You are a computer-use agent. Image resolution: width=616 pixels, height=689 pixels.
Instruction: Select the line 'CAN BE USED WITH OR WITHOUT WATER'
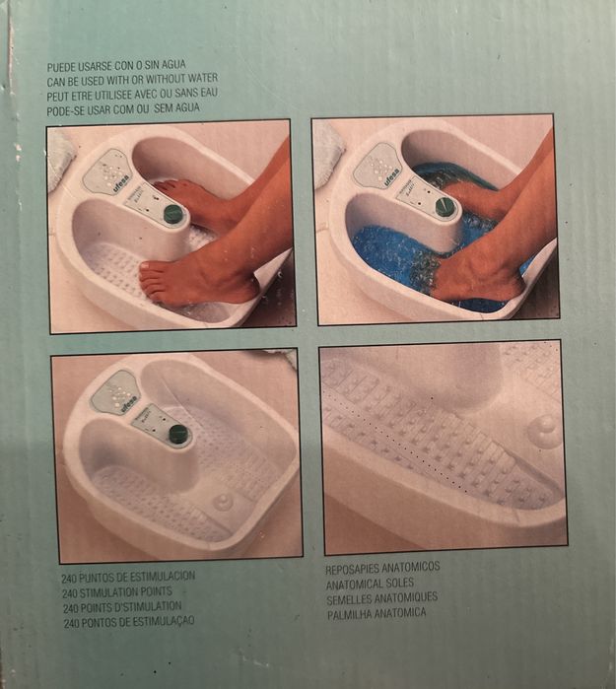(x=132, y=79)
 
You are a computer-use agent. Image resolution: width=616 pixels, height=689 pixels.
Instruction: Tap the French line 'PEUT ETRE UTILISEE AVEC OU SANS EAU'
(x=132, y=93)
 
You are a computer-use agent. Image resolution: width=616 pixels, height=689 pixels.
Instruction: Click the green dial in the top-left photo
(x=173, y=214)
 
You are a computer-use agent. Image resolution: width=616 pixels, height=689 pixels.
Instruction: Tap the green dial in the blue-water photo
(x=445, y=207)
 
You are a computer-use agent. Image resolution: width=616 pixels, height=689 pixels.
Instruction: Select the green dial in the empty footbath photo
(x=177, y=433)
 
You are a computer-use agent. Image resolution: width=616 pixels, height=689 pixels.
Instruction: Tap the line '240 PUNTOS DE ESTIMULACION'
(x=128, y=577)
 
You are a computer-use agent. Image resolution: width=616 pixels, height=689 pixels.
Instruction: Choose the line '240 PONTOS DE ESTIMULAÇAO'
(x=128, y=623)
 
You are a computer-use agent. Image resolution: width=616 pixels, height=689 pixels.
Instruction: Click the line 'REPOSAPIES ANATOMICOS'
(x=382, y=569)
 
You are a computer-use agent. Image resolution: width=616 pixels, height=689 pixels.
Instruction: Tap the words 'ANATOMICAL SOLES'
(x=369, y=584)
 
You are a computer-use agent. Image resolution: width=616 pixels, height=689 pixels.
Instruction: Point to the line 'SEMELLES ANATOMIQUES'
(x=381, y=598)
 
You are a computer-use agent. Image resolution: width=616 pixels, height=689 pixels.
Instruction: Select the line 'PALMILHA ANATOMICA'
(x=376, y=613)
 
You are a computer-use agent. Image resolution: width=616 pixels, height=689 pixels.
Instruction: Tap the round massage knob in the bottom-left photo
(x=224, y=502)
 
